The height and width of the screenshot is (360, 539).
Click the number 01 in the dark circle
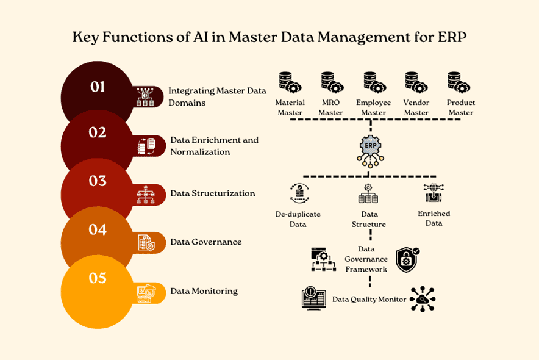(98, 87)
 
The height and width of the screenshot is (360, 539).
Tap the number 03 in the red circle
(98, 181)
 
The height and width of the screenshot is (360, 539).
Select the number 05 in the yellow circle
(98, 278)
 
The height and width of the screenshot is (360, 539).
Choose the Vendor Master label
(416, 107)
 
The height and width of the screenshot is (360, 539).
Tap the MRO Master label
(330, 107)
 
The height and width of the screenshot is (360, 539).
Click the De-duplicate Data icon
(299, 193)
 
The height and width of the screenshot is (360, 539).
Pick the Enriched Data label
(434, 218)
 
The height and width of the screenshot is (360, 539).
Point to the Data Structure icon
(368, 193)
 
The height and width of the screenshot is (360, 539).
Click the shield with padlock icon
(407, 259)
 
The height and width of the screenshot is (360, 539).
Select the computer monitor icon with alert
(314, 298)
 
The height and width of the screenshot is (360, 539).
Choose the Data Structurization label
(212, 193)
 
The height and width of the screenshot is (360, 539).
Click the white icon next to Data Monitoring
(146, 293)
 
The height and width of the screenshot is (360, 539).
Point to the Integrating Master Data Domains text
(217, 96)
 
